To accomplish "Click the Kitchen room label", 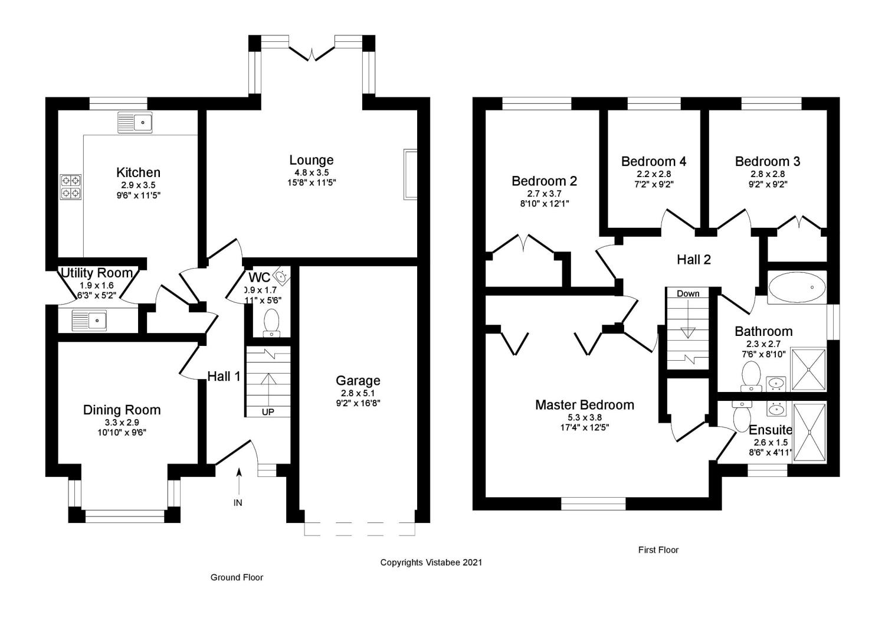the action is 138,172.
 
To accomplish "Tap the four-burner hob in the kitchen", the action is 71,187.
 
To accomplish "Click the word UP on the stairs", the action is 268,411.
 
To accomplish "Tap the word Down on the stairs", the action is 688,293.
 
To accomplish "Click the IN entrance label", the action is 238,502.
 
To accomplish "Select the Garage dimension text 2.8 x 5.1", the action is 358,393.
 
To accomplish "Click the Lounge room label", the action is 311,160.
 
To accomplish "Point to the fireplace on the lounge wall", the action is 410,174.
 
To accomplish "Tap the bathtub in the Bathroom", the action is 797,288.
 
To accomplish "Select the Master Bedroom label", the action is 584,405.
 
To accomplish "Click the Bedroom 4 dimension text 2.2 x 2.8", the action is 653,174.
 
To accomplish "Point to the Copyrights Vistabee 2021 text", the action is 431,563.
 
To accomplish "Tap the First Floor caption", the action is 658,550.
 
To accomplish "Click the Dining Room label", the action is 122,410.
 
